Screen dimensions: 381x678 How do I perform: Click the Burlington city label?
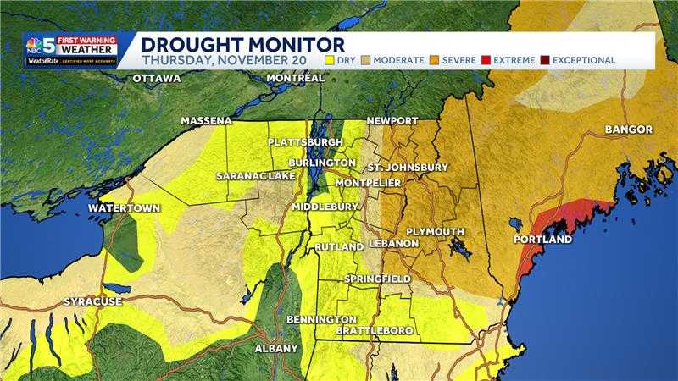coord(321,162)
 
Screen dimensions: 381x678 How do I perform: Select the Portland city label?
coord(542,240)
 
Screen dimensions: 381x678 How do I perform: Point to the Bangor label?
coord(628,130)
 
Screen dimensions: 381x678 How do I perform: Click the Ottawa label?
coord(156,79)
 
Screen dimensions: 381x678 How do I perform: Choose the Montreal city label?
coord(295,78)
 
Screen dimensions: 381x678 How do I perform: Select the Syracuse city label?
coord(92,301)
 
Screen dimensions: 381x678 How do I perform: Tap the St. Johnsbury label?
coord(408,168)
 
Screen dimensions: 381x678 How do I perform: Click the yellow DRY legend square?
coord(331,60)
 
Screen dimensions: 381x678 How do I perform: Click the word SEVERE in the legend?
coord(458,60)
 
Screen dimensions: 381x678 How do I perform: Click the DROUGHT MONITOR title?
coord(242,44)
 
